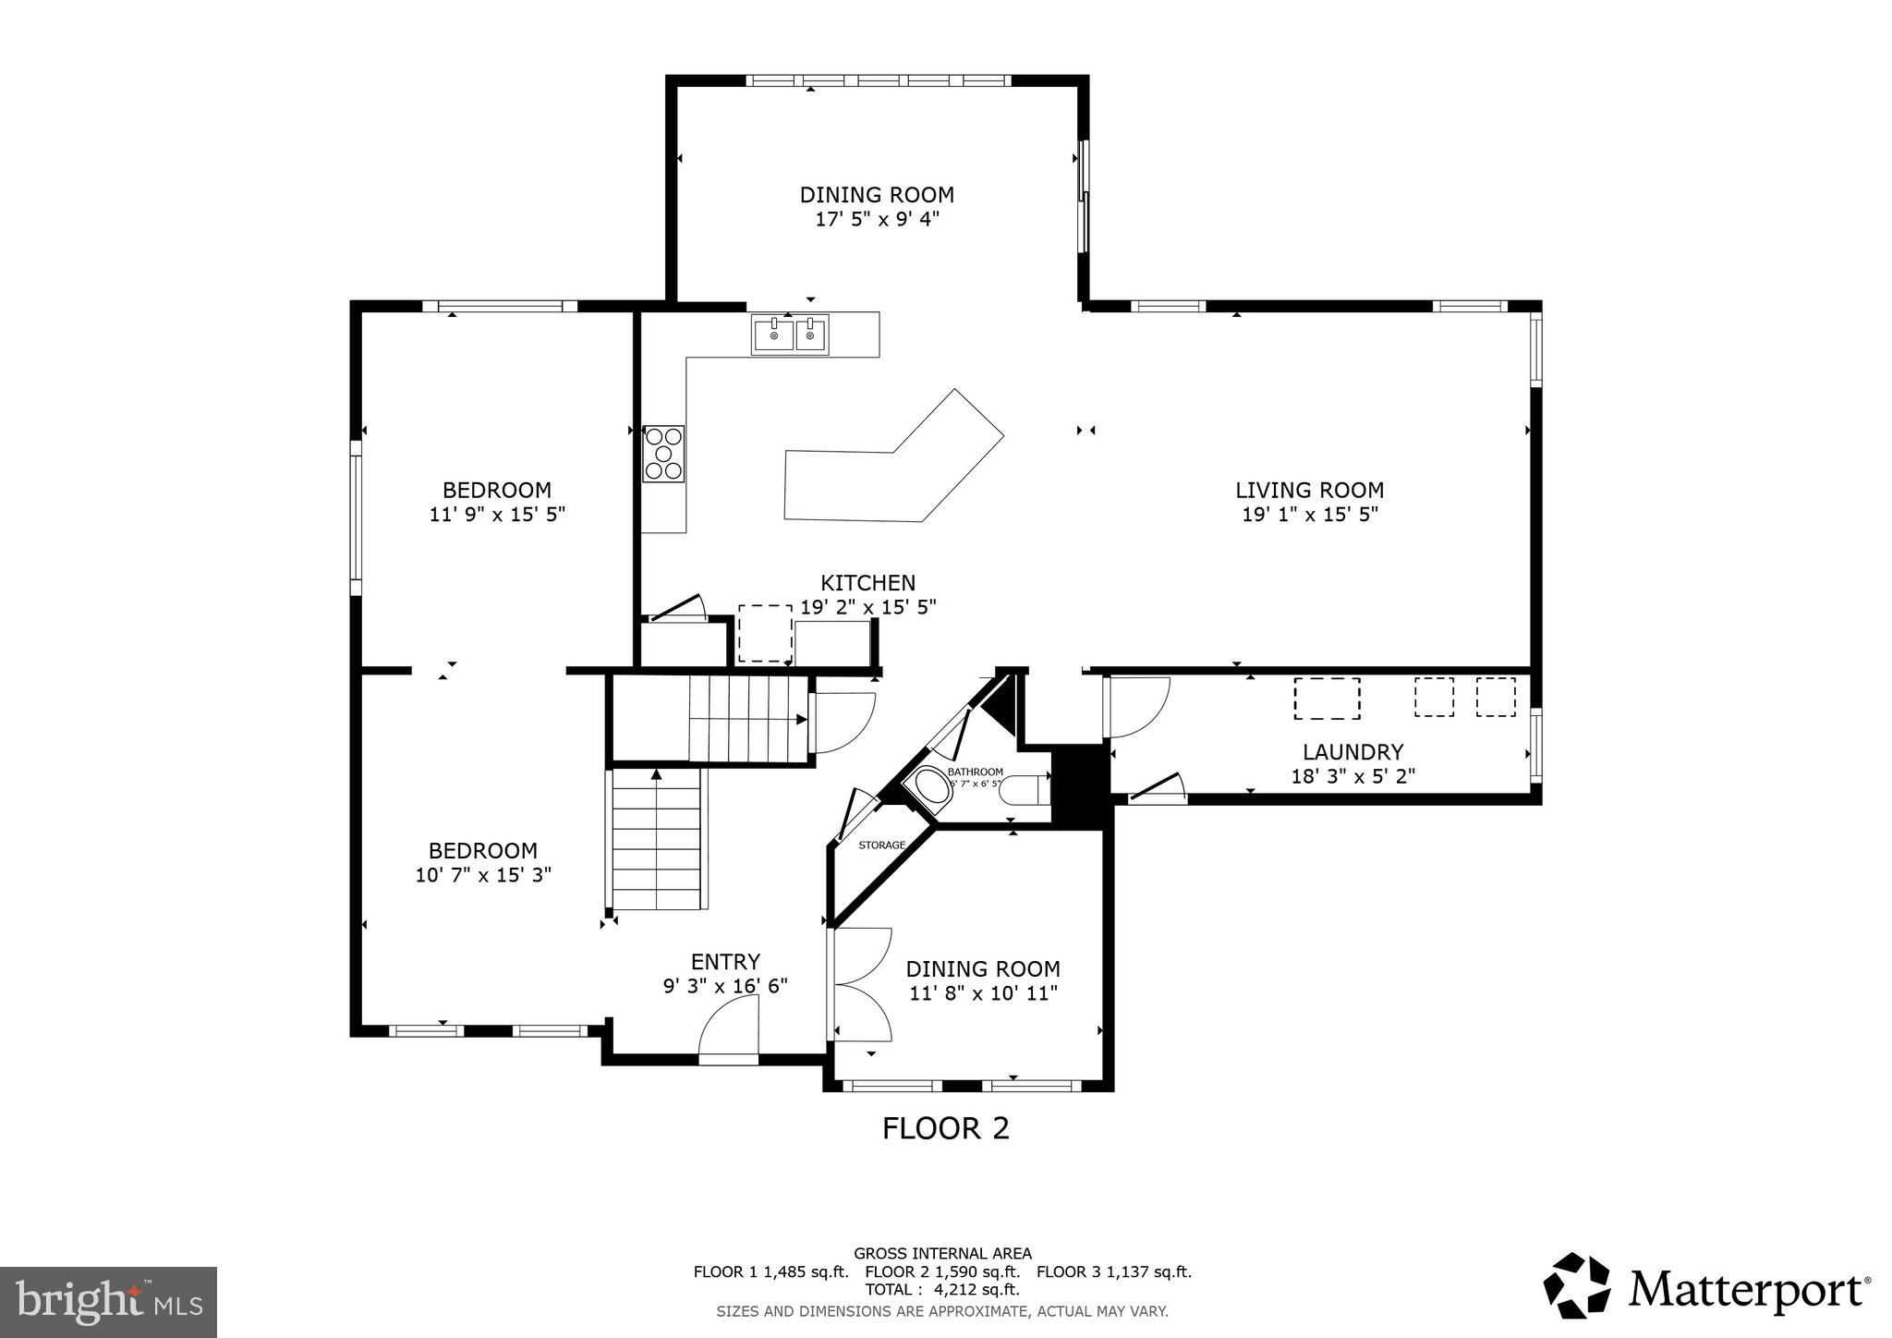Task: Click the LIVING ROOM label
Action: coord(1309,490)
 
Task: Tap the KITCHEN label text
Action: coord(867,583)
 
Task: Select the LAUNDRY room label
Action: coord(1352,752)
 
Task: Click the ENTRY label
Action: coord(725,962)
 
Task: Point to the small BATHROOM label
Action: coord(975,772)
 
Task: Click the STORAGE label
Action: coord(881,845)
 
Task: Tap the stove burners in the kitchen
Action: coord(663,454)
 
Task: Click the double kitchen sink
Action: coord(791,334)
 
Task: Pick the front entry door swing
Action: coord(729,1034)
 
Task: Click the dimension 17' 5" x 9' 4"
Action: coord(876,219)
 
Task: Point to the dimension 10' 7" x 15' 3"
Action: coord(482,874)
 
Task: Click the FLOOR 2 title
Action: coord(945,1128)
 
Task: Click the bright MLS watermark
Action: coord(108,1302)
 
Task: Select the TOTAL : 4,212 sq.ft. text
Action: coord(941,1289)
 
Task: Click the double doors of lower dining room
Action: coord(862,984)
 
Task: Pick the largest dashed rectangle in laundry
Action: coord(1327,699)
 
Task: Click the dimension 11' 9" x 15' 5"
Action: coord(497,515)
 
